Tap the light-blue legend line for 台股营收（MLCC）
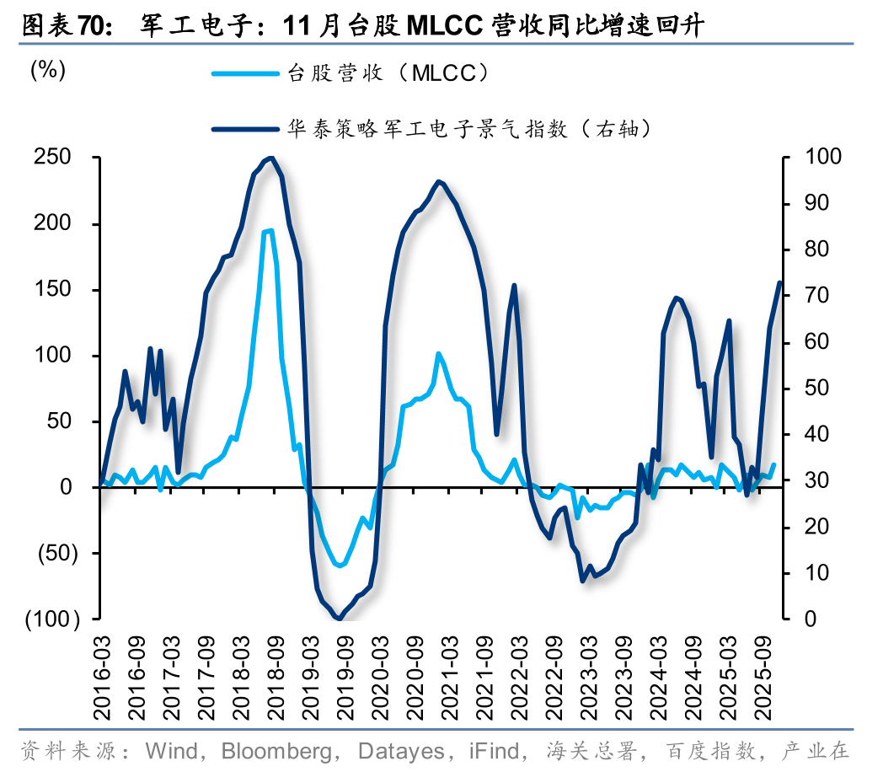click(243, 73)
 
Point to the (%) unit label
click(48, 71)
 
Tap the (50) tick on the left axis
click(56, 554)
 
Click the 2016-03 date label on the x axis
click(102, 669)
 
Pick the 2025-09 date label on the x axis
click(768, 669)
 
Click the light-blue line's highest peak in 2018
click(269, 230)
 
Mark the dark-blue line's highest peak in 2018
click(270, 158)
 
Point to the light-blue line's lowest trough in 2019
click(339, 566)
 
